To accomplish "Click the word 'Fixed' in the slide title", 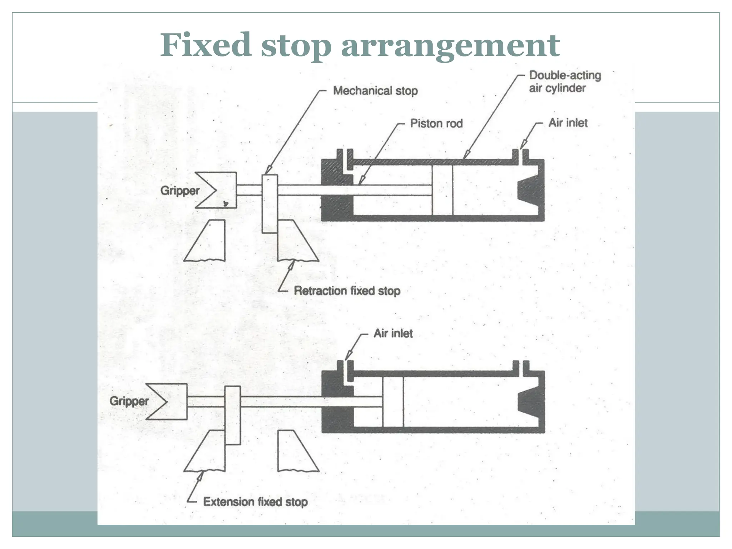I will pyautogui.click(x=206, y=45).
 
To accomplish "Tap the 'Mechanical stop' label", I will pyautogui.click(x=375, y=91).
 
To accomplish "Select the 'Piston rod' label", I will pyautogui.click(x=436, y=123).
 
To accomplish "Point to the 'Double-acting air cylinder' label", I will pyautogui.click(x=564, y=81).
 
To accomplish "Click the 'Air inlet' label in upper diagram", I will pyautogui.click(x=568, y=123).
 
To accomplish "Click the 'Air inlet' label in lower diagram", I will pyautogui.click(x=393, y=333).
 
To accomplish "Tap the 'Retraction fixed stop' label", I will pyautogui.click(x=347, y=291).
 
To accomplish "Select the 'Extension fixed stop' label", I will pyautogui.click(x=255, y=502).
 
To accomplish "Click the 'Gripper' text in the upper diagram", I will pyautogui.click(x=179, y=191).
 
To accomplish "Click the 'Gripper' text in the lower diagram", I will pyautogui.click(x=129, y=401).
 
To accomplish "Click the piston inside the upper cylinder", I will pyautogui.click(x=442, y=190).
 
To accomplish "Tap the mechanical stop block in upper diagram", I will pyautogui.click(x=269, y=204).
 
